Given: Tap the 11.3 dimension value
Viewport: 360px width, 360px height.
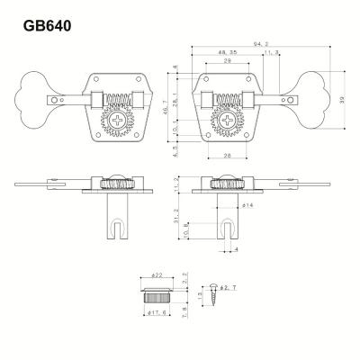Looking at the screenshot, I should pos(271,54).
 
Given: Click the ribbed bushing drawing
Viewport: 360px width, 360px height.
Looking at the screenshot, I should pos(154,293).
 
